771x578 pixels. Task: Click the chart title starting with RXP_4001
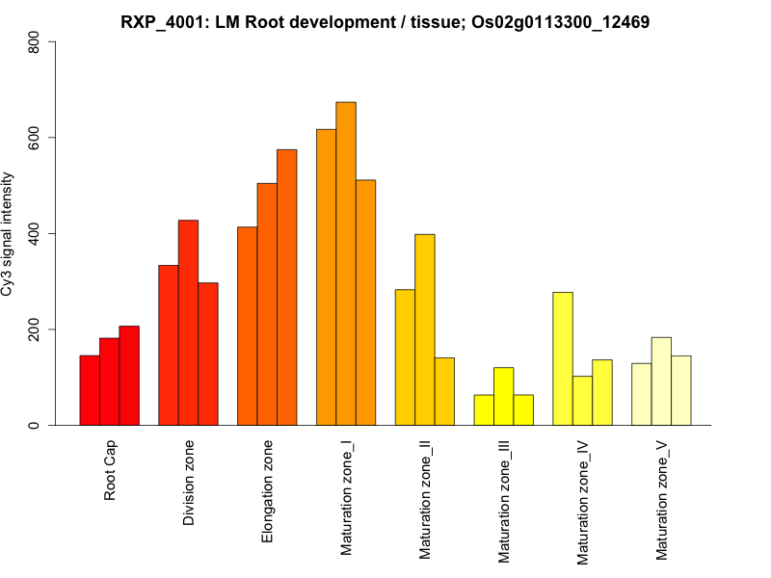point(385,21)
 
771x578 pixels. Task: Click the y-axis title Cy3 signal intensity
point(9,233)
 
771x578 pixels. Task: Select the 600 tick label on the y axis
point(35,138)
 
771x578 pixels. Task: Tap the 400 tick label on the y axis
point(35,233)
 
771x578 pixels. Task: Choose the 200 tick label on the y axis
point(35,329)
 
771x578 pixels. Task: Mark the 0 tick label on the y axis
point(35,425)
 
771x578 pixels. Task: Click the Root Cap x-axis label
point(110,472)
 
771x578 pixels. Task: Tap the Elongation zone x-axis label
point(268,491)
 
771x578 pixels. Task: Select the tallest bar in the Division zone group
point(188,323)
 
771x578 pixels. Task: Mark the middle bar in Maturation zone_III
point(504,396)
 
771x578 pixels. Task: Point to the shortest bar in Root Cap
point(90,390)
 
